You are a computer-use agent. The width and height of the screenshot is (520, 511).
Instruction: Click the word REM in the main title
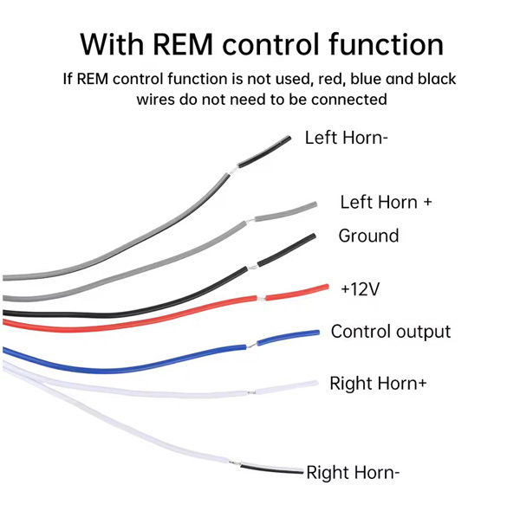pos(183,44)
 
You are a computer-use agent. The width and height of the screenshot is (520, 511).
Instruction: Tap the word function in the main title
pos(387,44)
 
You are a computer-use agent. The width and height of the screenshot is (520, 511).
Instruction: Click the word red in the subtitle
pos(329,79)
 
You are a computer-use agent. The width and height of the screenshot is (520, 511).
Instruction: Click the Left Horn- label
pos(346,138)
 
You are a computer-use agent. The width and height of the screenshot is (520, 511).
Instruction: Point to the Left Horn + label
pos(386,202)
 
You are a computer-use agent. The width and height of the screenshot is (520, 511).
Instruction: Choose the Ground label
pos(368,236)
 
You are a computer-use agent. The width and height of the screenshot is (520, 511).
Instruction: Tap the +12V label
pos(361,289)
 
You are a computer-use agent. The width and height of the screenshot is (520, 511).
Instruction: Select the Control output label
pos(391,332)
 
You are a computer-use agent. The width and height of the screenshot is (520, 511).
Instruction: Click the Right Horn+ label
pos(378,383)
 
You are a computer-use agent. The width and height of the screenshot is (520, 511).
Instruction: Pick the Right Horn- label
pos(353,472)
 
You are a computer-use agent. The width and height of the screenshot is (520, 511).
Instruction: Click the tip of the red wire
pos(327,287)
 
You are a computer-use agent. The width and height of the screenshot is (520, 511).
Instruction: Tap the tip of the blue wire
pos(318,333)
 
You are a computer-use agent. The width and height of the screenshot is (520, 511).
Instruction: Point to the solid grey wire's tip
pos(315,204)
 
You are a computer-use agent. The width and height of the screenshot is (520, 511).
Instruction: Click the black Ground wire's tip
pos(314,236)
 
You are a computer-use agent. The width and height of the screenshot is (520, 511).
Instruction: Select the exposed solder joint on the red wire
pos(262,299)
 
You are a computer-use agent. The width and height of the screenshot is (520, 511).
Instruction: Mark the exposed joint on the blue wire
pos(251,346)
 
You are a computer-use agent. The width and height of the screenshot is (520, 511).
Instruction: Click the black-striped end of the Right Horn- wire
pos(271,469)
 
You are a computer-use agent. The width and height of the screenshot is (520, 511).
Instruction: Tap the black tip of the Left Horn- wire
pos(264,152)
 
